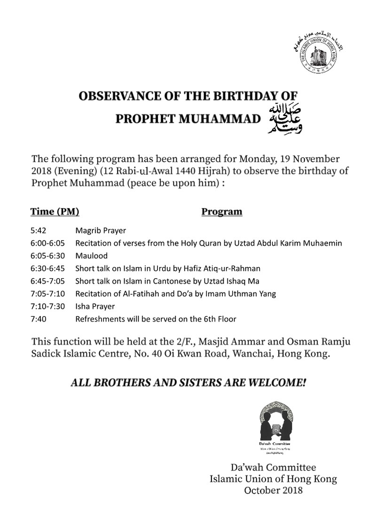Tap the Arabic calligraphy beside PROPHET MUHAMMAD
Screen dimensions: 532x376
point(284,117)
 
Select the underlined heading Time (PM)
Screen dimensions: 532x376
point(55,211)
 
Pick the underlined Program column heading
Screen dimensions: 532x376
point(222,211)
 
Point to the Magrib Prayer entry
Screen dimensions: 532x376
point(101,231)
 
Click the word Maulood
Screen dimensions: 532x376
point(92,256)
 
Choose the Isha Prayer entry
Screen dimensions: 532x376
point(95,306)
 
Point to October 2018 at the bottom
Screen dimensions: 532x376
point(274,490)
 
